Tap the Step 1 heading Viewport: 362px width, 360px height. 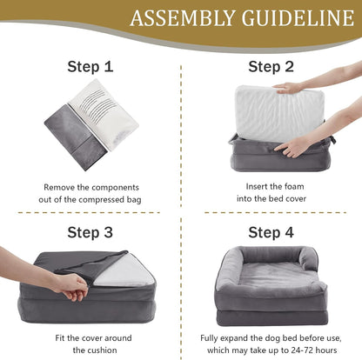point(91,66)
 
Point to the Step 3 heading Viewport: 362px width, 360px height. point(91,232)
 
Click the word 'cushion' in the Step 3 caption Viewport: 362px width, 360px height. point(101,350)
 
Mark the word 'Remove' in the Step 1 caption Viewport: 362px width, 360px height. point(60,186)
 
